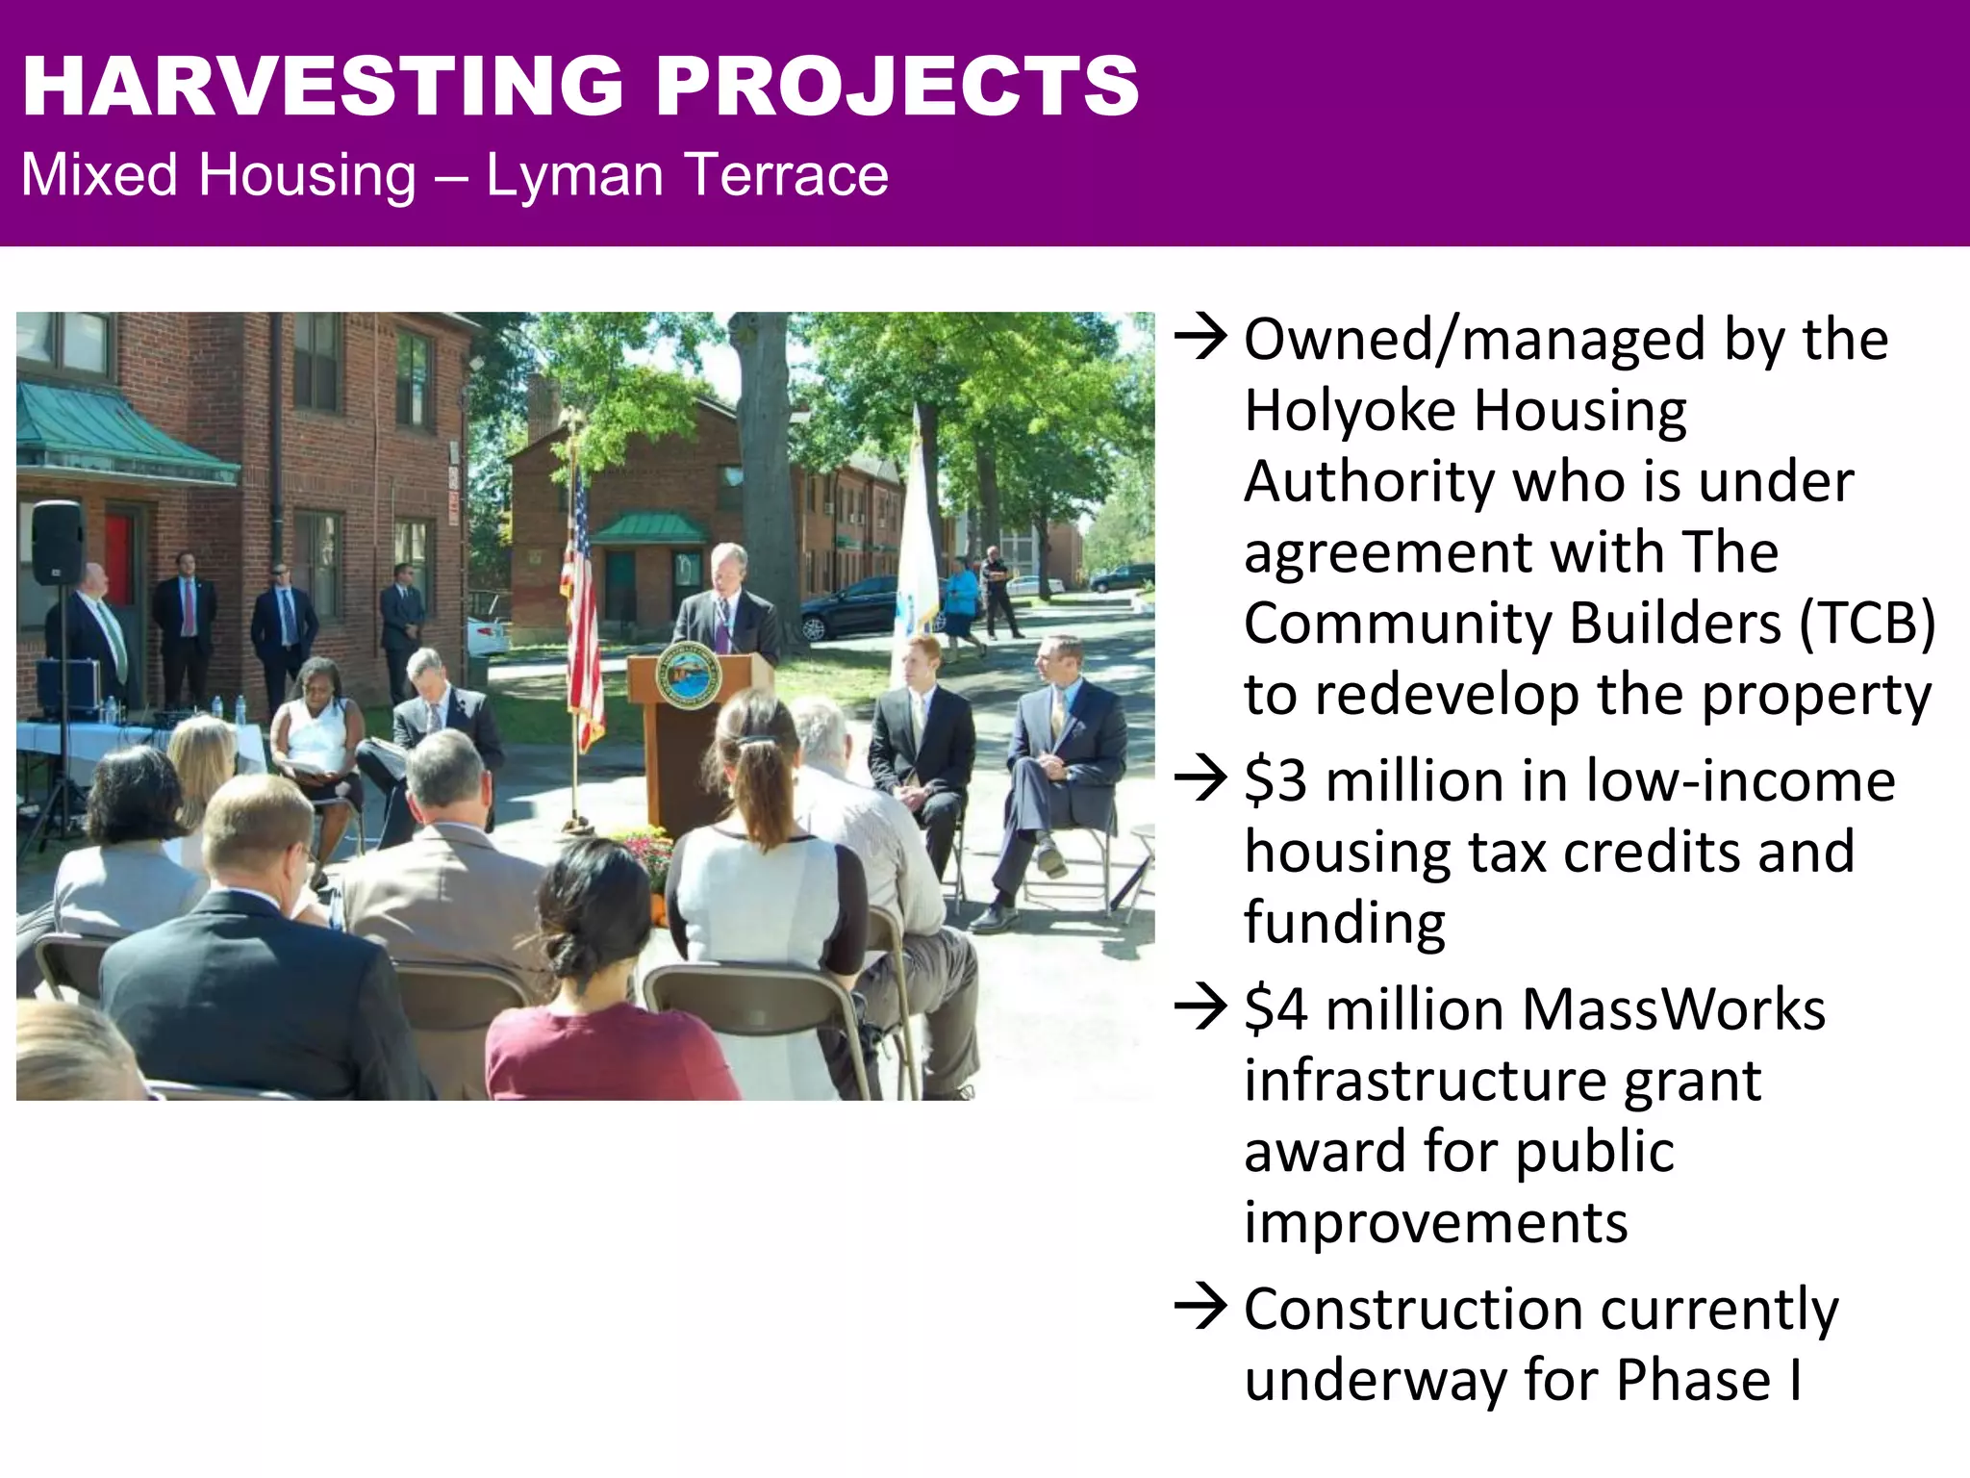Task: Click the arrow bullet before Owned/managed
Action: pos(1200,339)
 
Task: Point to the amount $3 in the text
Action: pos(1275,780)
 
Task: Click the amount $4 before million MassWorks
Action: pos(1275,1010)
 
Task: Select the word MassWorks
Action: pos(1673,1010)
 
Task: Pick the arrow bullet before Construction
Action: pos(1200,1309)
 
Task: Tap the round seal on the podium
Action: pos(689,675)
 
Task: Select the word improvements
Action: pos(1435,1224)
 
